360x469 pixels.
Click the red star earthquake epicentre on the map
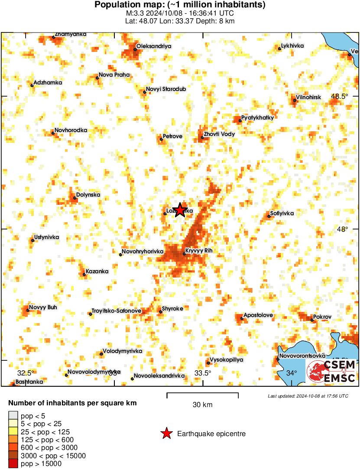point(180,210)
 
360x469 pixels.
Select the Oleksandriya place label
point(154,45)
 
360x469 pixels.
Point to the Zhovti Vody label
point(219,134)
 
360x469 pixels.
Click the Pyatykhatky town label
point(258,117)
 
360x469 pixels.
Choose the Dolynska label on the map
point(88,195)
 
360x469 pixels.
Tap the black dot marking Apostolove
point(242,319)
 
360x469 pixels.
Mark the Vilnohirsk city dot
point(295,100)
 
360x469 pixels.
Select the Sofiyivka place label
point(282,213)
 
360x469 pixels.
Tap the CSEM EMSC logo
point(331,371)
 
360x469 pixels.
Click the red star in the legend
point(166,433)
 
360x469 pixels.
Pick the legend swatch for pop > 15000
point(14,463)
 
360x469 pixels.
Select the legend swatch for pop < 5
point(14,416)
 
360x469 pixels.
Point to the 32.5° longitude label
point(26,372)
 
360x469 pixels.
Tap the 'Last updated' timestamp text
point(308,396)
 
